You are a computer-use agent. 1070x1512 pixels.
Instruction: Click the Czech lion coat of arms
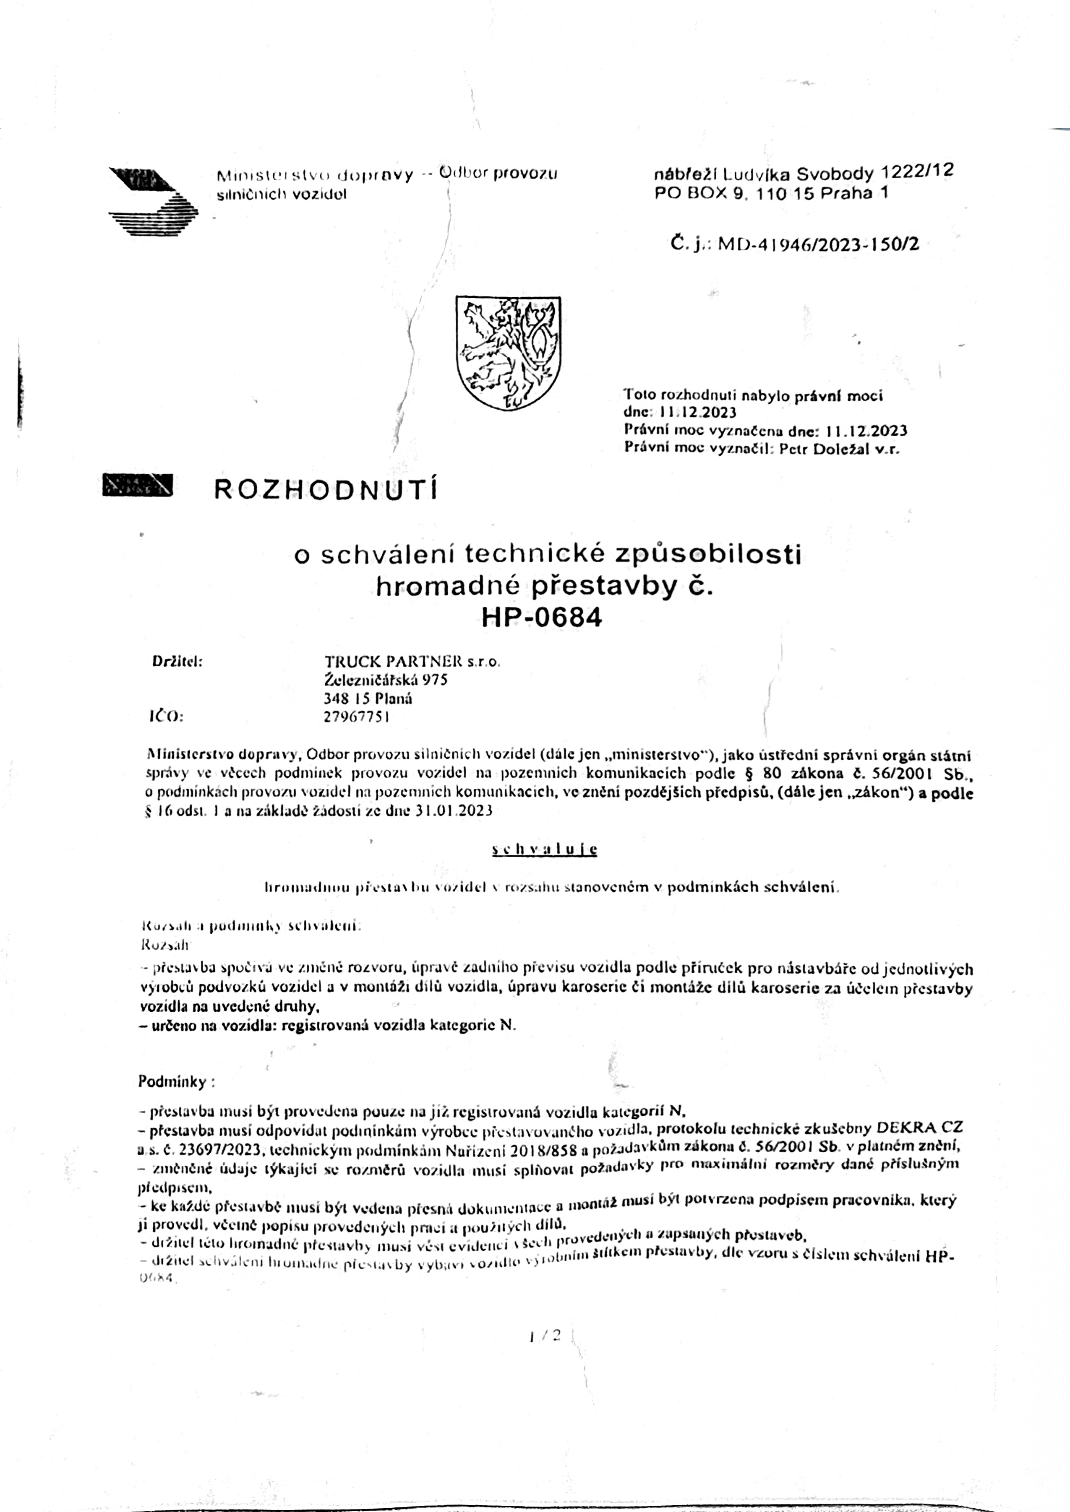click(508, 353)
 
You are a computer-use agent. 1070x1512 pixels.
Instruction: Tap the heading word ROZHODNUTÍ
click(326, 489)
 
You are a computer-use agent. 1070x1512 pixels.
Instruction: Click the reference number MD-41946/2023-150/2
click(818, 244)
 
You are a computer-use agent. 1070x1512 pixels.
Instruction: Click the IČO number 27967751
click(356, 717)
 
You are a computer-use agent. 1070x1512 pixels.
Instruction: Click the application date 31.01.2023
click(454, 811)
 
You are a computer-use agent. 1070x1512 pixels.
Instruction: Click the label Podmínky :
click(176, 1081)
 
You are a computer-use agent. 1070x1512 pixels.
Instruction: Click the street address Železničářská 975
click(386, 680)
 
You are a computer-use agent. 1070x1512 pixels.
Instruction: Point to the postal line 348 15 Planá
click(368, 699)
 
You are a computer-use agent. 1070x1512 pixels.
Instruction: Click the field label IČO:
click(166, 717)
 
